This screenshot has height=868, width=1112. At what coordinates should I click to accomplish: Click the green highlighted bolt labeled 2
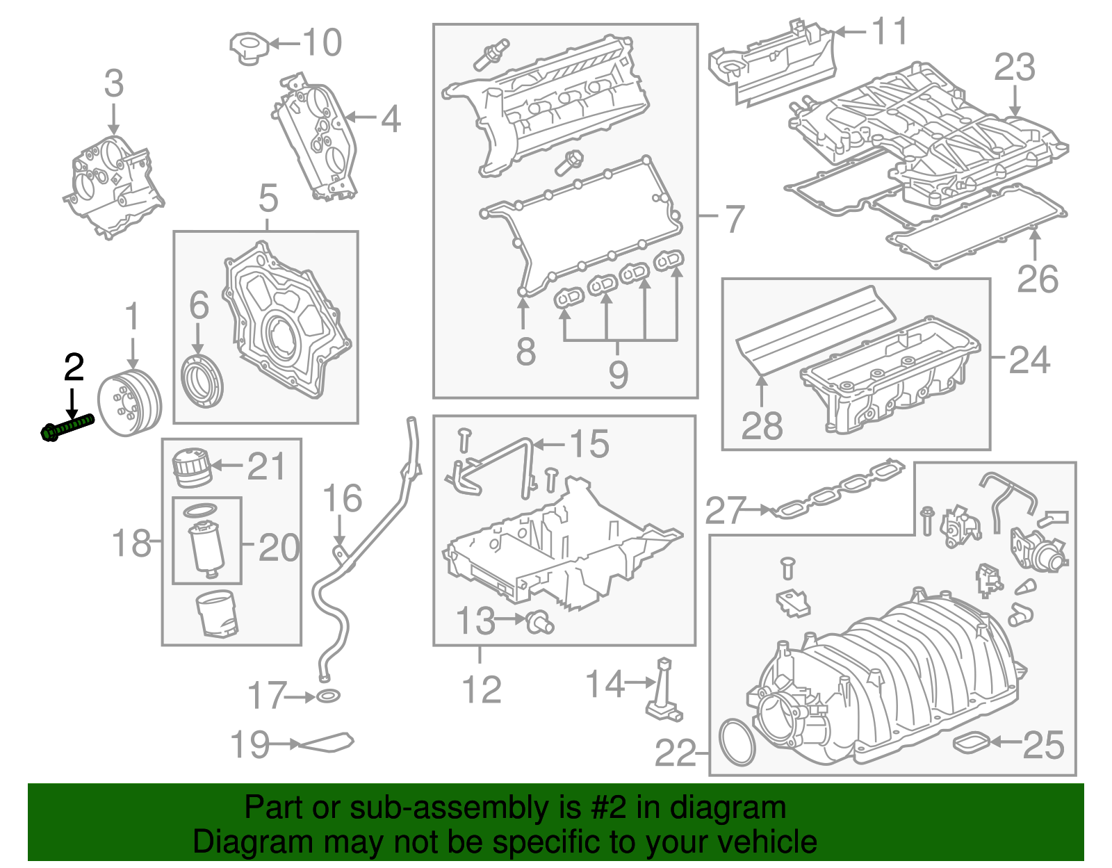click(67, 426)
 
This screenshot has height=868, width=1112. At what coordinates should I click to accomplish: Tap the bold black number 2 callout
click(74, 368)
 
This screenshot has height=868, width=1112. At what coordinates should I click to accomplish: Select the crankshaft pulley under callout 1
click(129, 404)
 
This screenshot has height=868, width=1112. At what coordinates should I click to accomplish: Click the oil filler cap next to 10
click(248, 47)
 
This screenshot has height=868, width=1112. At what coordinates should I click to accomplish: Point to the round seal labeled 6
click(202, 382)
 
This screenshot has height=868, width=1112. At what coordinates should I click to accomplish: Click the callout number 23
click(1014, 67)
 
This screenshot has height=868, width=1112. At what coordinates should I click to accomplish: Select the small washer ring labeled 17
click(328, 696)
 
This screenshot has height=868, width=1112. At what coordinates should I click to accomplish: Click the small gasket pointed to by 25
click(971, 742)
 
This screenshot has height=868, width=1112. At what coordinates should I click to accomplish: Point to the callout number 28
click(762, 425)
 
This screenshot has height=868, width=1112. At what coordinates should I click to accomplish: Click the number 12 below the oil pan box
click(482, 689)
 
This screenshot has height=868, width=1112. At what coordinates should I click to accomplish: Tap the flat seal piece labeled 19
click(326, 743)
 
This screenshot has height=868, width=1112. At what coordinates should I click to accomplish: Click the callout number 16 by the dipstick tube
click(343, 498)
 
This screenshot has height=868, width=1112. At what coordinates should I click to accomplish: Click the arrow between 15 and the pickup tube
click(549, 444)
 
